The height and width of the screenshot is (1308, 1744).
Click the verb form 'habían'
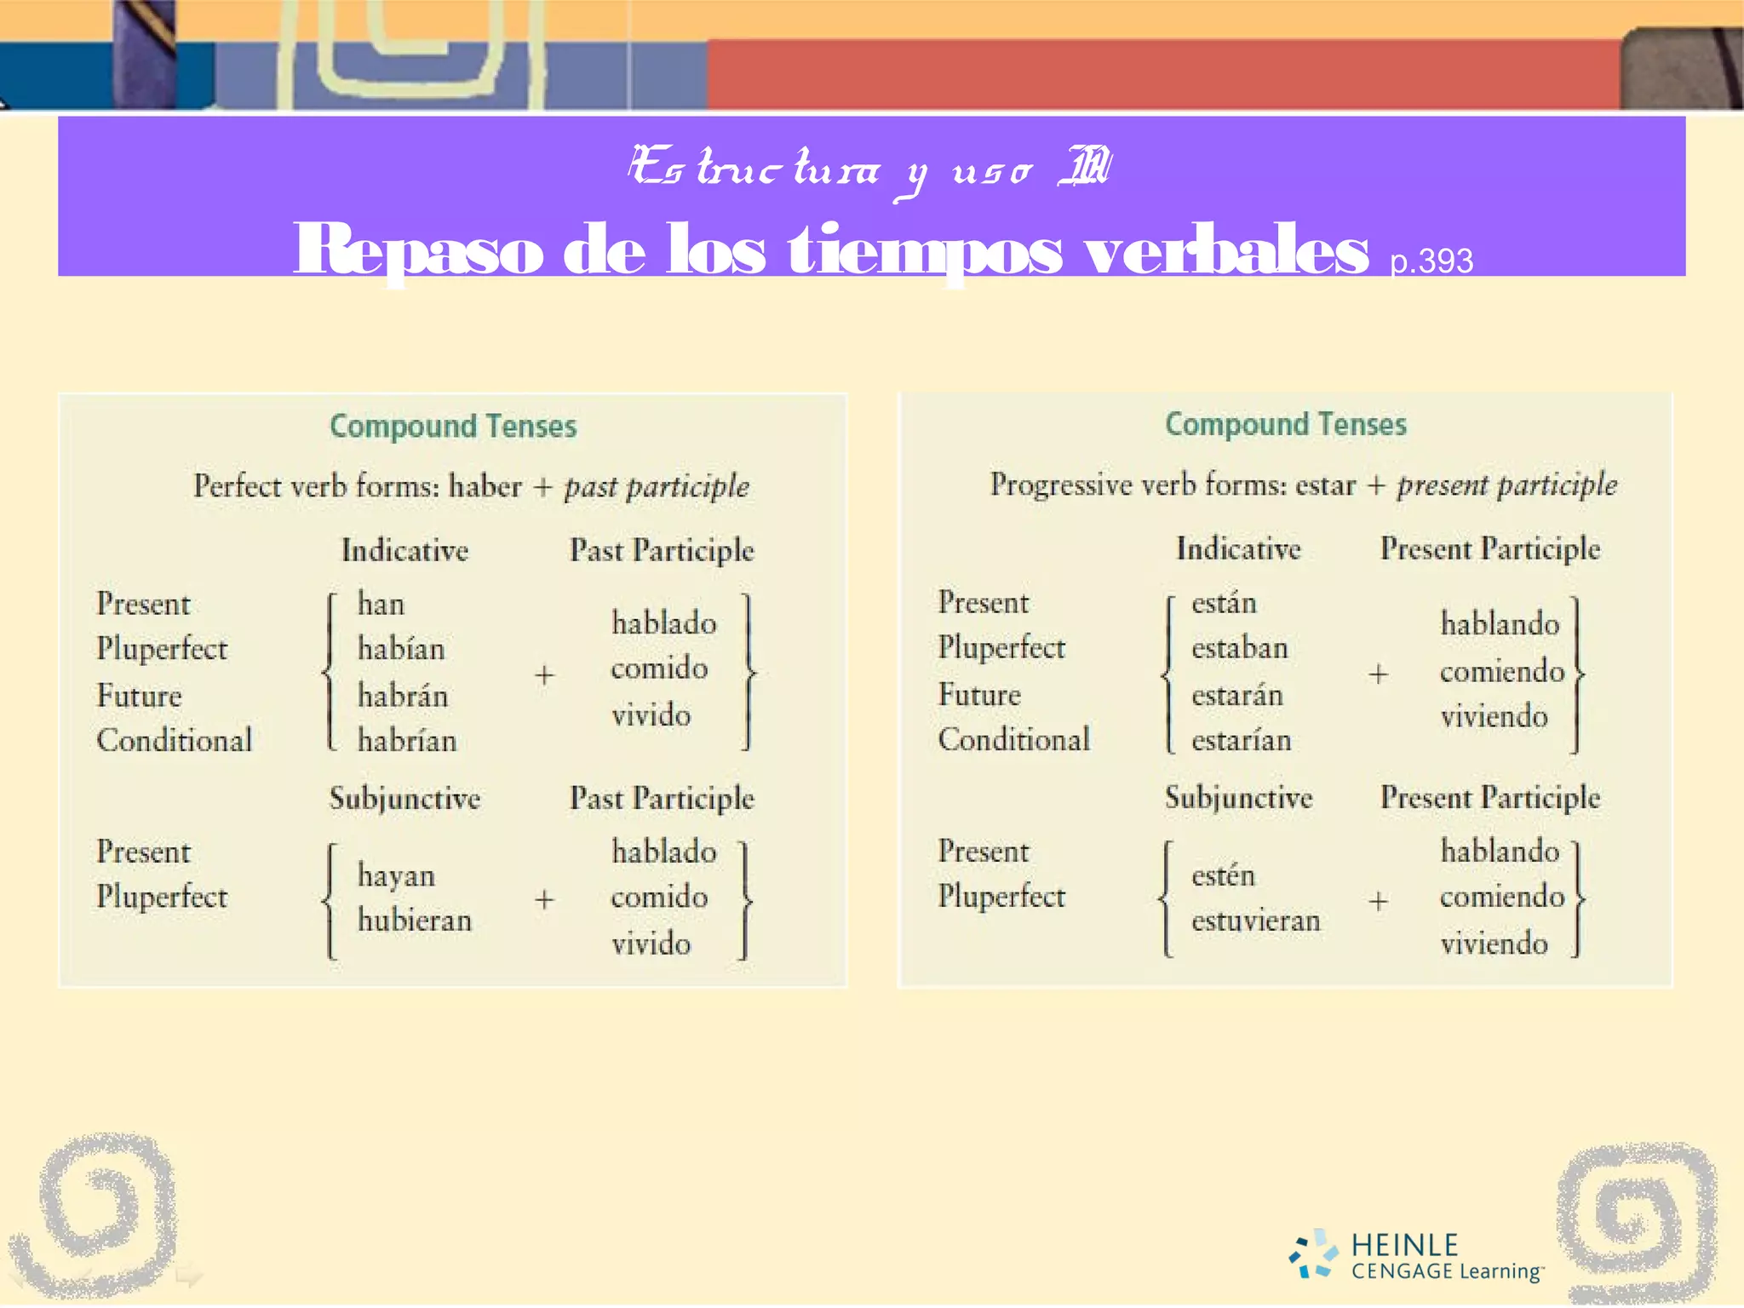coord(401,649)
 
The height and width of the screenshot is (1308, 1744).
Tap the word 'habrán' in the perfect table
coord(402,696)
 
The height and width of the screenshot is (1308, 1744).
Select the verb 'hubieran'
coord(415,920)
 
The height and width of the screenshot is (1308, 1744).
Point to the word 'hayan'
coord(396,875)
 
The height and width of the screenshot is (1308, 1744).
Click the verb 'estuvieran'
coord(1256,921)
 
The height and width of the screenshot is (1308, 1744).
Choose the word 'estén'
coord(1223,875)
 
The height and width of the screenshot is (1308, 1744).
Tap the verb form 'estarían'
coord(1242,740)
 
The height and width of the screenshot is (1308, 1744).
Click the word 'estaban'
coord(1240,648)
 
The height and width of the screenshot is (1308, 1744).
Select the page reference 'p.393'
coord(1431,261)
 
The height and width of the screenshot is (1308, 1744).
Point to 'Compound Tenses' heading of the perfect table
coord(453,426)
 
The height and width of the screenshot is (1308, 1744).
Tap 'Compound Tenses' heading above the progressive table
coord(1286,424)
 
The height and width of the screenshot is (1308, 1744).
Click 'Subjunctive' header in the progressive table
coord(1239,797)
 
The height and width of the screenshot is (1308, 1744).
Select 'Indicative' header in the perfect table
coord(404,550)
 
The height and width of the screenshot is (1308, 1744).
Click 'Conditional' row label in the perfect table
coord(175,740)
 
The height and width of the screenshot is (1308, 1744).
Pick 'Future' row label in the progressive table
coord(979,695)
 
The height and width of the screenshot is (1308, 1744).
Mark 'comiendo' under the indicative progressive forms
coord(1502,671)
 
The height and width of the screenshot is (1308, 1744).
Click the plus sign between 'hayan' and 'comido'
coord(544,898)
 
